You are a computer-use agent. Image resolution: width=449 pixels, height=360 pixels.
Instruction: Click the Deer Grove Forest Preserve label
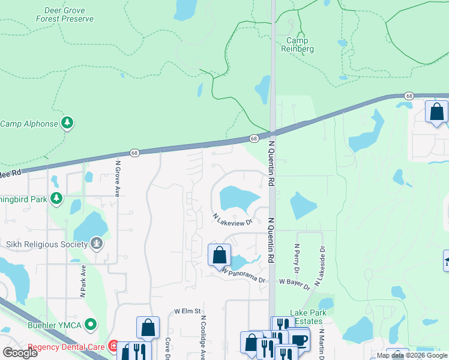(x=69, y=15)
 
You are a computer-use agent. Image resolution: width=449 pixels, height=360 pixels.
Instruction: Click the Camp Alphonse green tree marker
(x=68, y=124)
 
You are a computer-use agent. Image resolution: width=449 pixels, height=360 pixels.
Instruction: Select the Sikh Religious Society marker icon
(x=97, y=243)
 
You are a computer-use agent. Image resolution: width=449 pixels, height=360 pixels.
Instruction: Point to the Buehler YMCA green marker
(x=91, y=325)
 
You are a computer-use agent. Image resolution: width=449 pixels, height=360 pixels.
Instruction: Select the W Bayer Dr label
(x=294, y=281)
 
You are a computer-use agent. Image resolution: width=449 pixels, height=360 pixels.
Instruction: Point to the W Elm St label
(x=186, y=311)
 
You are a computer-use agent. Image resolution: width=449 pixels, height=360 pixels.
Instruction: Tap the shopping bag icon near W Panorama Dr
(x=220, y=255)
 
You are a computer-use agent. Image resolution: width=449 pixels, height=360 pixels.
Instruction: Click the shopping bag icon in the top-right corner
(x=436, y=112)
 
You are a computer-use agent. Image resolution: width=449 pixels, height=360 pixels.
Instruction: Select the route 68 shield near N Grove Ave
(x=134, y=153)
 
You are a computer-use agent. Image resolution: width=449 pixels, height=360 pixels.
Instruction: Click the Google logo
(x=20, y=353)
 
